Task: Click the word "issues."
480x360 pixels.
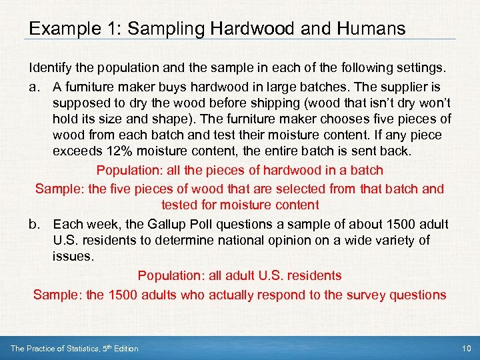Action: click(x=71, y=256)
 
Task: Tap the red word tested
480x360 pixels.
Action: click(x=179, y=205)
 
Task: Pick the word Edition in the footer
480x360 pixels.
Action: click(x=125, y=348)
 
